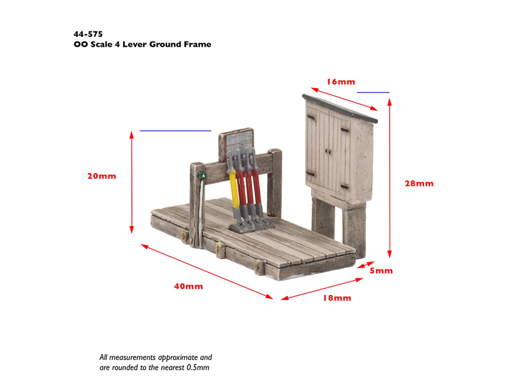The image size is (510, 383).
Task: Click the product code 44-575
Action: [88, 34]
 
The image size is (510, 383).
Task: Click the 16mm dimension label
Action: [341, 82]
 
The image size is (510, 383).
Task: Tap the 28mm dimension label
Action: [419, 183]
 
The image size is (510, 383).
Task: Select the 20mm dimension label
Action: [101, 176]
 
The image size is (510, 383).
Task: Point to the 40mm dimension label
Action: [188, 286]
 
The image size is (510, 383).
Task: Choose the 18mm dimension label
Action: [337, 298]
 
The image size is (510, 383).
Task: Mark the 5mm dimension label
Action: [381, 271]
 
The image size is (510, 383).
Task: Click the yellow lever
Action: [234, 188]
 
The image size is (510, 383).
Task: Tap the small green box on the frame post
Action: [202, 176]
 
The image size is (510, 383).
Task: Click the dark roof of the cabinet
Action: [340, 109]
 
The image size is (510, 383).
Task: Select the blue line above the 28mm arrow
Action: [373, 93]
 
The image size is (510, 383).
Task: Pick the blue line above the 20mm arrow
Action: [175, 131]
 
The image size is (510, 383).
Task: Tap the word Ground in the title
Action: [165, 44]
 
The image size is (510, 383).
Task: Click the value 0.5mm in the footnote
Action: [198, 368]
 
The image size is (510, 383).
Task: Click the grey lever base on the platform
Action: [250, 225]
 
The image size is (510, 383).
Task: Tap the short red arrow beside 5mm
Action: [366, 265]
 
